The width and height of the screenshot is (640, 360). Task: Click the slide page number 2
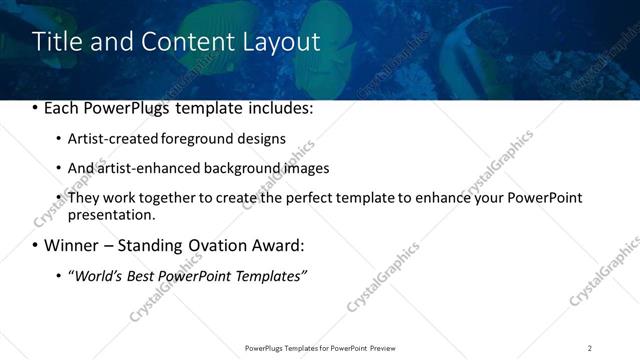[x=590, y=347]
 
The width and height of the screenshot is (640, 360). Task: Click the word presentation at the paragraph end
[x=110, y=214]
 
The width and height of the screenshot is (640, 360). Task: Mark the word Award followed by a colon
[x=275, y=245]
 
